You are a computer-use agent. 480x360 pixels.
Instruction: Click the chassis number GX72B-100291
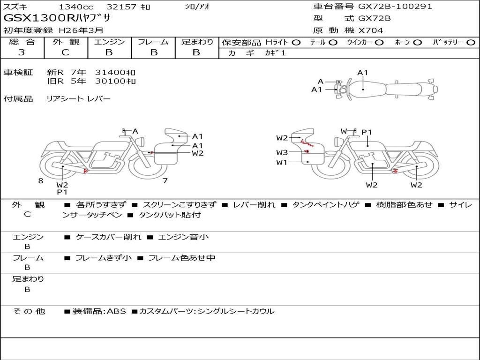click(395, 7)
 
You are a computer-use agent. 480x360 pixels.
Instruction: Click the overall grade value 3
click(22, 52)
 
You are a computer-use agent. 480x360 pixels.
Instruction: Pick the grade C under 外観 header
click(65, 52)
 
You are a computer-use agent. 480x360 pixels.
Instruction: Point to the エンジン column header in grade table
click(109, 42)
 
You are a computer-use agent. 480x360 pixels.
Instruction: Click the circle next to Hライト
click(296, 43)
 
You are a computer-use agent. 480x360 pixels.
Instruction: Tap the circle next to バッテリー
click(471, 43)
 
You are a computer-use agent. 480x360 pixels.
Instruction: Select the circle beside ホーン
click(418, 43)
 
